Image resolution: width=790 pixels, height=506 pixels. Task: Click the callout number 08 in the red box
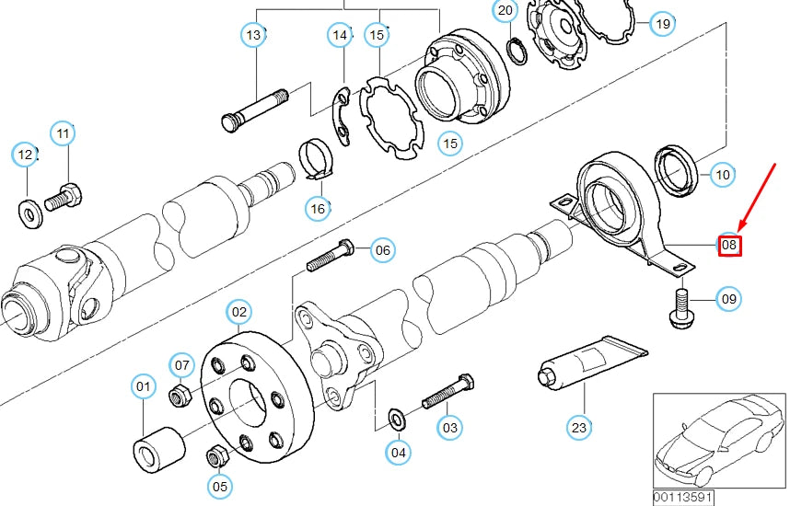point(728,245)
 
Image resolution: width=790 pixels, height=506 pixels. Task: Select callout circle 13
point(254,36)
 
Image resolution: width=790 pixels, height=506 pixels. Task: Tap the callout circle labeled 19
point(662,24)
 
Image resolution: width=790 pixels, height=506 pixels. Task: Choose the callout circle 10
point(722,173)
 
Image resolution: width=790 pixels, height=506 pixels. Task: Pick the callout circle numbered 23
point(578,427)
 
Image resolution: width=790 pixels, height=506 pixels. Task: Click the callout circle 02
point(239,312)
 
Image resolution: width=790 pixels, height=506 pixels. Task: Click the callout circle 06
point(383,249)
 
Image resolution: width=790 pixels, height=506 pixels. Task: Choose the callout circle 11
point(62,134)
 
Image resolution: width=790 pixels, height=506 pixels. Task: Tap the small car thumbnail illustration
point(717,441)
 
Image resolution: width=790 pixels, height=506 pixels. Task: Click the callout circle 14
point(341,36)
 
